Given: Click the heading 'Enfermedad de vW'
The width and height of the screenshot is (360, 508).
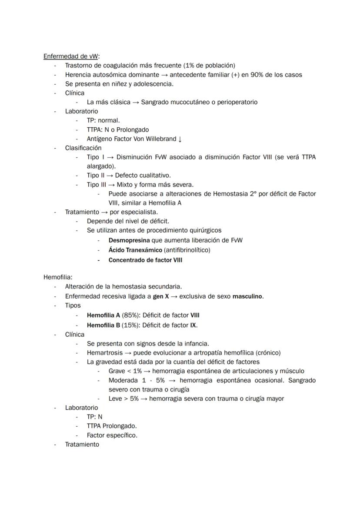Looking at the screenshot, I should [x=71, y=56].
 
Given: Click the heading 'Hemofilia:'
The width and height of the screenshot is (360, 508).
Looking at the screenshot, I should [x=58, y=277].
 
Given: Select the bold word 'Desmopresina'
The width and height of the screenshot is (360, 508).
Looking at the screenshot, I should [x=129, y=240].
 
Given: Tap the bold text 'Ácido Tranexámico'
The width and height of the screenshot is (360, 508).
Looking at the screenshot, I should [x=135, y=250].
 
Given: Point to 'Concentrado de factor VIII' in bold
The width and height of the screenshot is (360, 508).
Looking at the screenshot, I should [x=145, y=260].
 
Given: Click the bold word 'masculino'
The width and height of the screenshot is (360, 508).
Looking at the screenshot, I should [x=248, y=296].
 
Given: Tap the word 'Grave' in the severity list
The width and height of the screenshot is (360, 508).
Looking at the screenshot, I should [x=117, y=371].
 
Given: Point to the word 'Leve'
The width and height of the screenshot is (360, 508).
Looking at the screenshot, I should [x=116, y=398].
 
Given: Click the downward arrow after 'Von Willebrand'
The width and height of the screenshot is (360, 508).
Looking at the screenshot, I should [x=180, y=139].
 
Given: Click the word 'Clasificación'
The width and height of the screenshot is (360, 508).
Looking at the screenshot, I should [x=83, y=148].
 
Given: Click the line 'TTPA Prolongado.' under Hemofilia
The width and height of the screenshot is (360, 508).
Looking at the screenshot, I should [x=112, y=426].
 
